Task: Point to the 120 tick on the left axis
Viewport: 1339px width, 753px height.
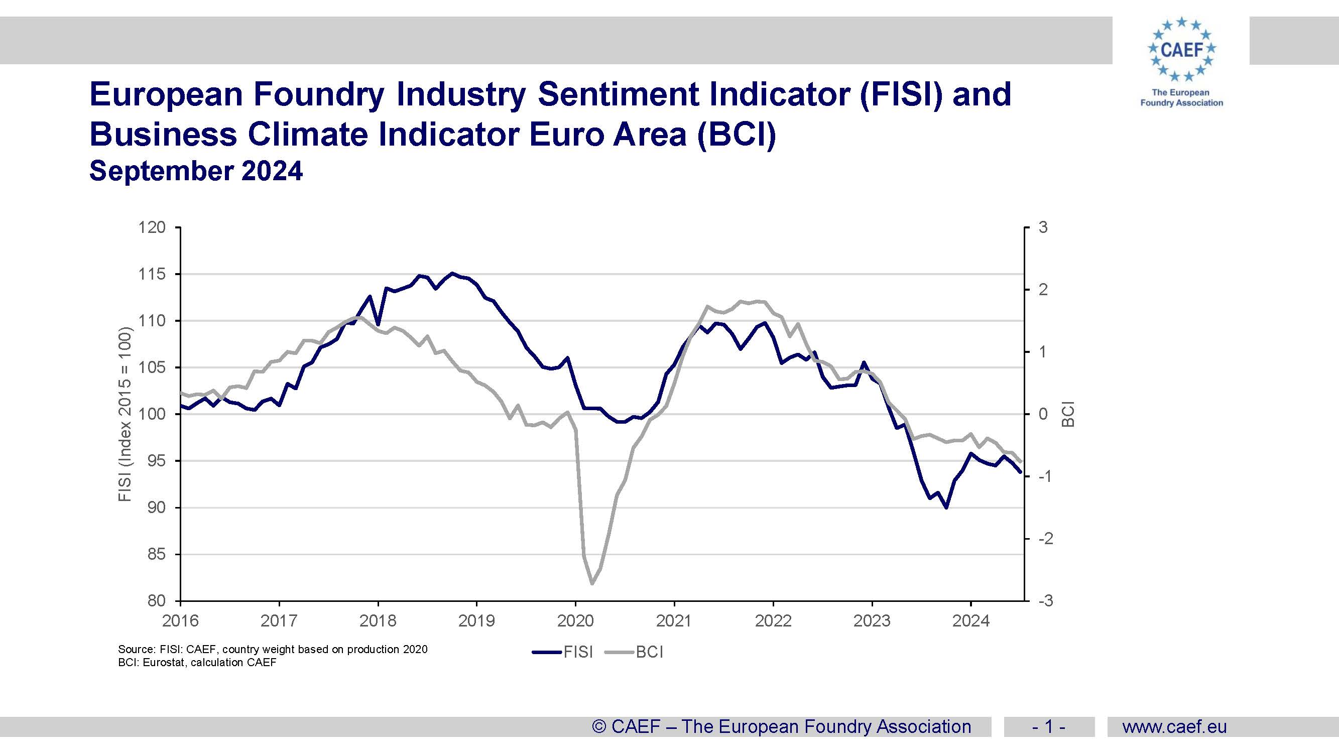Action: (x=151, y=227)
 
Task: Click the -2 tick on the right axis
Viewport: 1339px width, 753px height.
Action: (x=1045, y=539)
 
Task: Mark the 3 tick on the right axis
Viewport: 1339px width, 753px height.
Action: (x=1043, y=227)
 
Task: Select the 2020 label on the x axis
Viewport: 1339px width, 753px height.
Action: (x=575, y=621)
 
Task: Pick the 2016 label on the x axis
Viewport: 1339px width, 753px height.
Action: (x=180, y=621)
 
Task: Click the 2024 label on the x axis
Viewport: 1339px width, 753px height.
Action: (x=970, y=621)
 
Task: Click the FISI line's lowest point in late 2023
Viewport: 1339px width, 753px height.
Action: (x=946, y=507)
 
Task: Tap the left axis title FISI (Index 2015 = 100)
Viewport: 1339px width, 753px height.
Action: (x=125, y=414)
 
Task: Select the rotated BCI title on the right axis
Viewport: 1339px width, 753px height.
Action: (x=1068, y=414)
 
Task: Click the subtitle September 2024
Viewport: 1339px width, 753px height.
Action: (x=196, y=171)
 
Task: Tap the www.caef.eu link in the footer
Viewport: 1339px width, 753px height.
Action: (x=1174, y=726)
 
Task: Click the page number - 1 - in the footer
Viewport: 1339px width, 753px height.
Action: (x=1048, y=726)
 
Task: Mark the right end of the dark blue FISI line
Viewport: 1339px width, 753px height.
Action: (x=1020, y=472)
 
